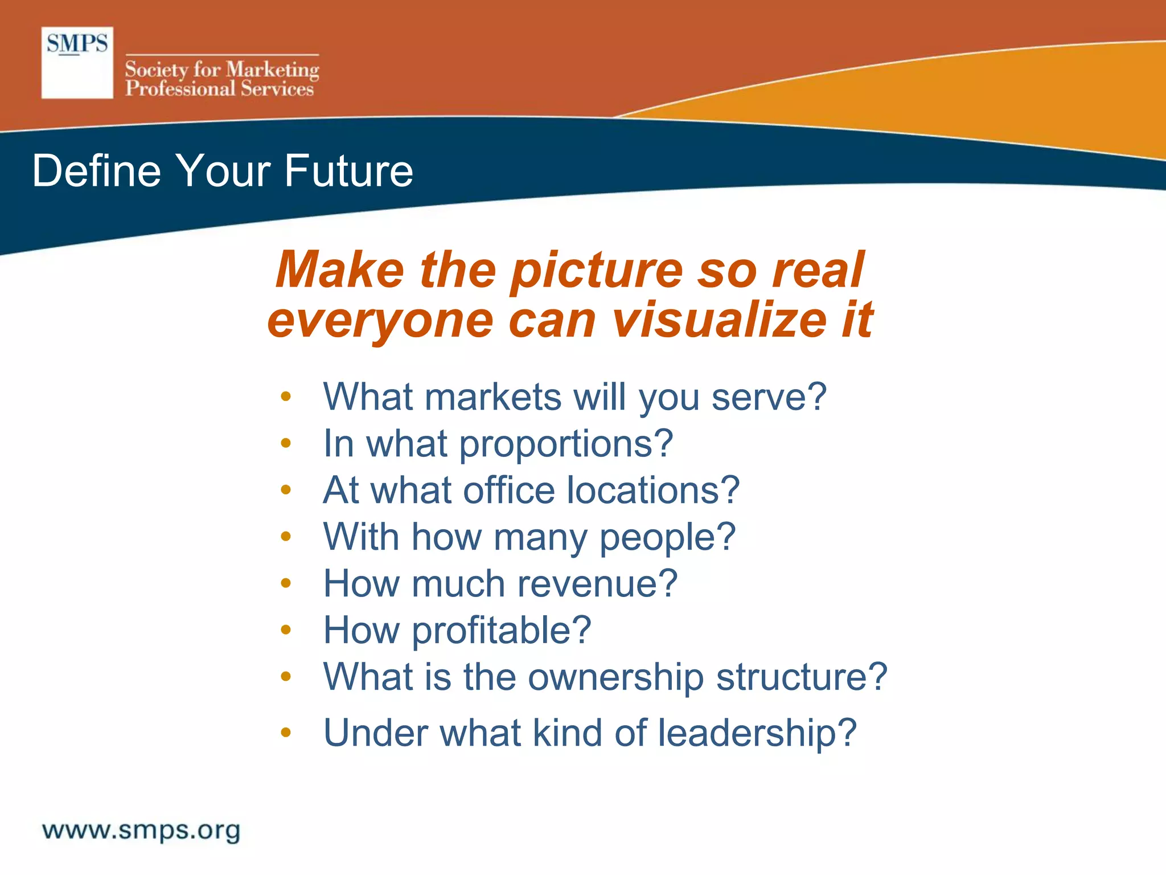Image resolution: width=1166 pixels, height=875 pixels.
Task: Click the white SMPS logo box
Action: pos(77,63)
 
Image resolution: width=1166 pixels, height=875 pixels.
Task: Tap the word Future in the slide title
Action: pos(348,170)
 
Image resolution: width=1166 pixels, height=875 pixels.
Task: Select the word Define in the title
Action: pos(96,170)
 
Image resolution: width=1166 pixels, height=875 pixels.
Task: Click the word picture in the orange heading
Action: pos(596,271)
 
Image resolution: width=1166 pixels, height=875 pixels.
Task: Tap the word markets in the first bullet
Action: pos(493,396)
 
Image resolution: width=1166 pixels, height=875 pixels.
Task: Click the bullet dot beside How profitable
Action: pos(286,629)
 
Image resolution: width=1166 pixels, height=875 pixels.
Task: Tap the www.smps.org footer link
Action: pos(141,831)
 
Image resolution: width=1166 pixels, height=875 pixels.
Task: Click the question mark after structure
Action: pos(876,677)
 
